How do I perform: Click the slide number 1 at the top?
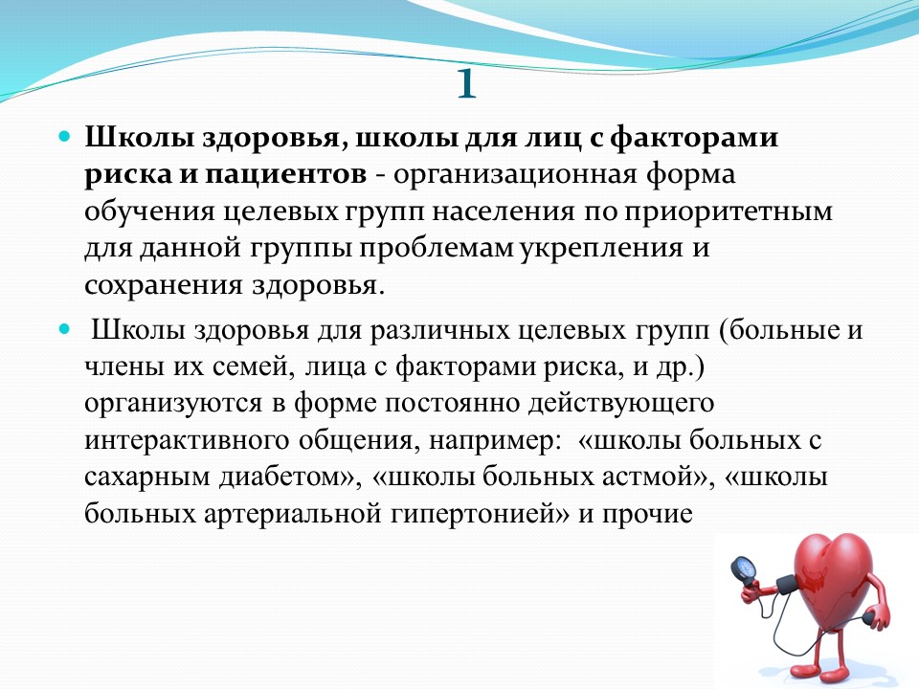coord(466,84)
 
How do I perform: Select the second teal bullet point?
coord(64,329)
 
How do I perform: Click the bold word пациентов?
coord(285,174)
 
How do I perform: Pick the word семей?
coord(252,367)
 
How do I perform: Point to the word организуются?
coord(173,404)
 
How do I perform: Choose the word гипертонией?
coord(472,514)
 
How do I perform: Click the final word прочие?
coord(648,514)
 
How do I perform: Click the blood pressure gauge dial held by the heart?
coord(742,568)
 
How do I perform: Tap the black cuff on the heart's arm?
coord(787,584)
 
